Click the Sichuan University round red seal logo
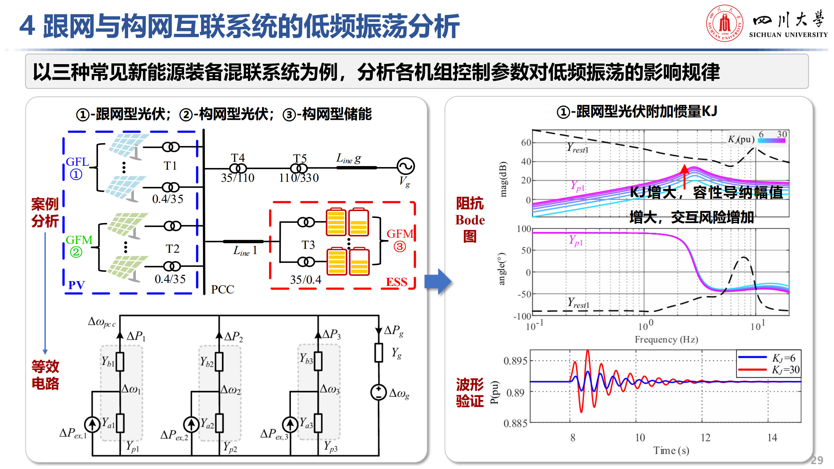pyautogui.click(x=725, y=23)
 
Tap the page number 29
pyautogui.click(x=817, y=460)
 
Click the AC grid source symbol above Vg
pyautogui.click(x=406, y=166)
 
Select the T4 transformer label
pyautogui.click(x=238, y=158)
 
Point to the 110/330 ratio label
pyautogui.click(x=299, y=178)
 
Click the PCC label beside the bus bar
pyautogui.click(x=223, y=289)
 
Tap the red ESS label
pyautogui.click(x=396, y=282)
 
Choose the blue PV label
pyautogui.click(x=77, y=285)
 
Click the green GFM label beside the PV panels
pyautogui.click(x=79, y=240)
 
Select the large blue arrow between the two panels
pyautogui.click(x=438, y=281)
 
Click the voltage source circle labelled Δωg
pyautogui.click(x=379, y=392)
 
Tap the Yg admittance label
pyautogui.click(x=396, y=353)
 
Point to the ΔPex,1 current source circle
pyautogui.click(x=92, y=424)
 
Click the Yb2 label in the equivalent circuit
pyautogui.click(x=207, y=362)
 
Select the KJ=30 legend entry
pyautogui.click(x=785, y=370)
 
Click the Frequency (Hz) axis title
pyautogui.click(x=666, y=339)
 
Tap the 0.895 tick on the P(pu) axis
pyautogui.click(x=515, y=361)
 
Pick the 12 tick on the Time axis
pyautogui.click(x=706, y=437)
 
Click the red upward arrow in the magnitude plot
pyautogui.click(x=684, y=176)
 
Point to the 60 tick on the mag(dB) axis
pyautogui.click(x=526, y=143)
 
